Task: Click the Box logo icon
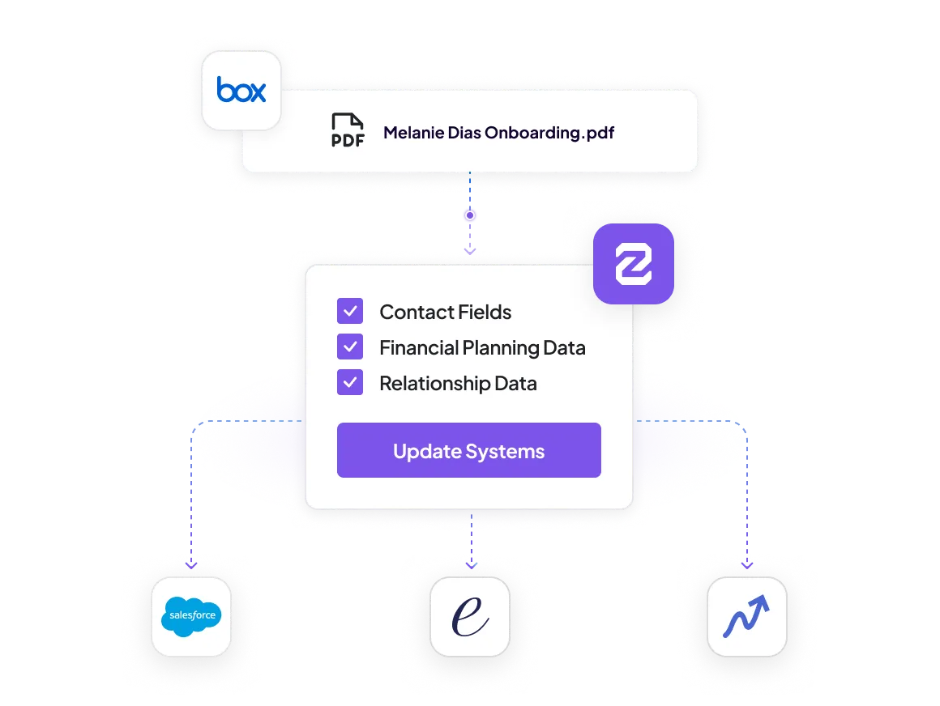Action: (x=241, y=90)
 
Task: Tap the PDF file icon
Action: (x=348, y=130)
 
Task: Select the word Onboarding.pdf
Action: (x=549, y=132)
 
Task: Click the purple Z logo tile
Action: (x=634, y=263)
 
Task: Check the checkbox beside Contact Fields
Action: (x=350, y=312)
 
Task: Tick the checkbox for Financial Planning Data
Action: (x=350, y=347)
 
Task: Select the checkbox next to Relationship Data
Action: (x=350, y=383)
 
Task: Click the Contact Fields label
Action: (x=446, y=312)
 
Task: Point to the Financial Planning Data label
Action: (x=483, y=348)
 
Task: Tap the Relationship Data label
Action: (x=458, y=383)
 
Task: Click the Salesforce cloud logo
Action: (x=191, y=616)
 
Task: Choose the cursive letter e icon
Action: (x=470, y=617)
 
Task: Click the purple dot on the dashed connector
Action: (x=470, y=215)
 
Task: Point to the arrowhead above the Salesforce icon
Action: (x=191, y=564)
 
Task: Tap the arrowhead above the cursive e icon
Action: (x=471, y=564)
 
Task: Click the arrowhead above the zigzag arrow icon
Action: (x=747, y=564)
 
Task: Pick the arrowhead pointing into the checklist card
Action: (x=470, y=252)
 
